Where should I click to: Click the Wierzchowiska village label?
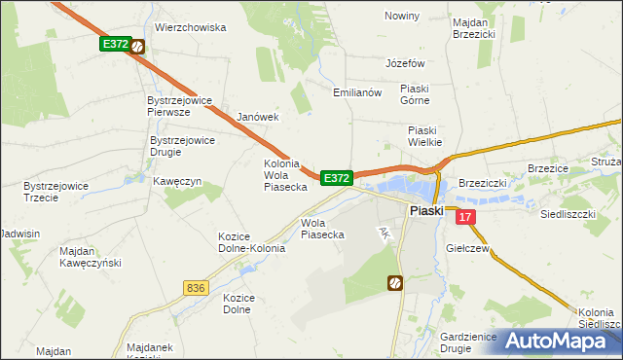[x=190, y=28]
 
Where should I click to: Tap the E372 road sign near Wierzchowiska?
[x=115, y=45]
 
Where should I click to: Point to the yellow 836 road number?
[x=195, y=288]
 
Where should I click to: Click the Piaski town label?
[x=426, y=210]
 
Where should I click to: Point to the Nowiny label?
[x=401, y=16]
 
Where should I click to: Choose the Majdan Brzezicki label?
[x=474, y=26]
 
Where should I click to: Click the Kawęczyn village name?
[x=176, y=181]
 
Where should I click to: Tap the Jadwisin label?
[x=20, y=234]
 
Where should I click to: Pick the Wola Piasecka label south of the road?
[x=322, y=228]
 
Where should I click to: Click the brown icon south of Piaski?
[x=396, y=283]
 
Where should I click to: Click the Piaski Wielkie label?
[x=424, y=135]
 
